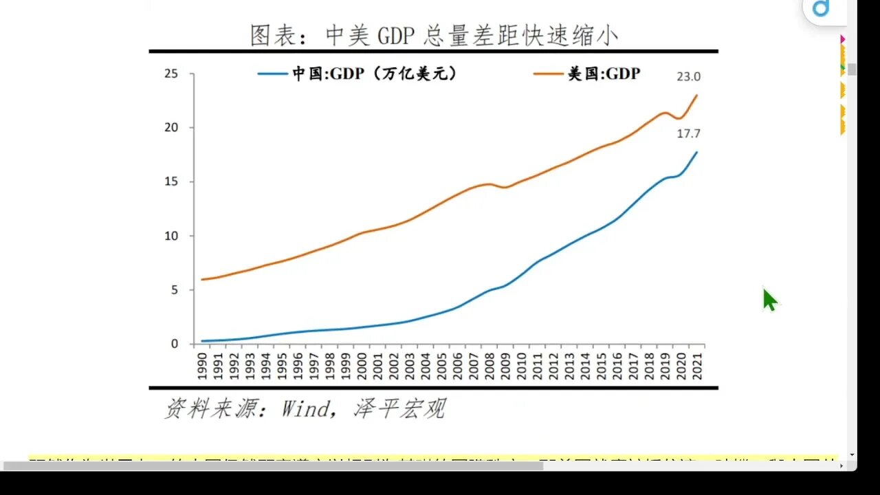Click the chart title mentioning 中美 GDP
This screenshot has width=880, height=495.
(434, 35)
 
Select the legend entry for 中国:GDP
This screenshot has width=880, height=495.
(357, 74)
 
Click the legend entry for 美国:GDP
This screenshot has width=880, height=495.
(587, 74)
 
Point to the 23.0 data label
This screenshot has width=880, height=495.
(689, 77)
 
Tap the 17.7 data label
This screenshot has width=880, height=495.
(689, 133)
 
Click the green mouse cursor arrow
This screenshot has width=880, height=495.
(769, 300)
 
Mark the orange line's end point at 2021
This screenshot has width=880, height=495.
(696, 96)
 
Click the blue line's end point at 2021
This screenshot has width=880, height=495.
(696, 153)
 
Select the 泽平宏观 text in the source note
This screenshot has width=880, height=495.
(399, 409)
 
